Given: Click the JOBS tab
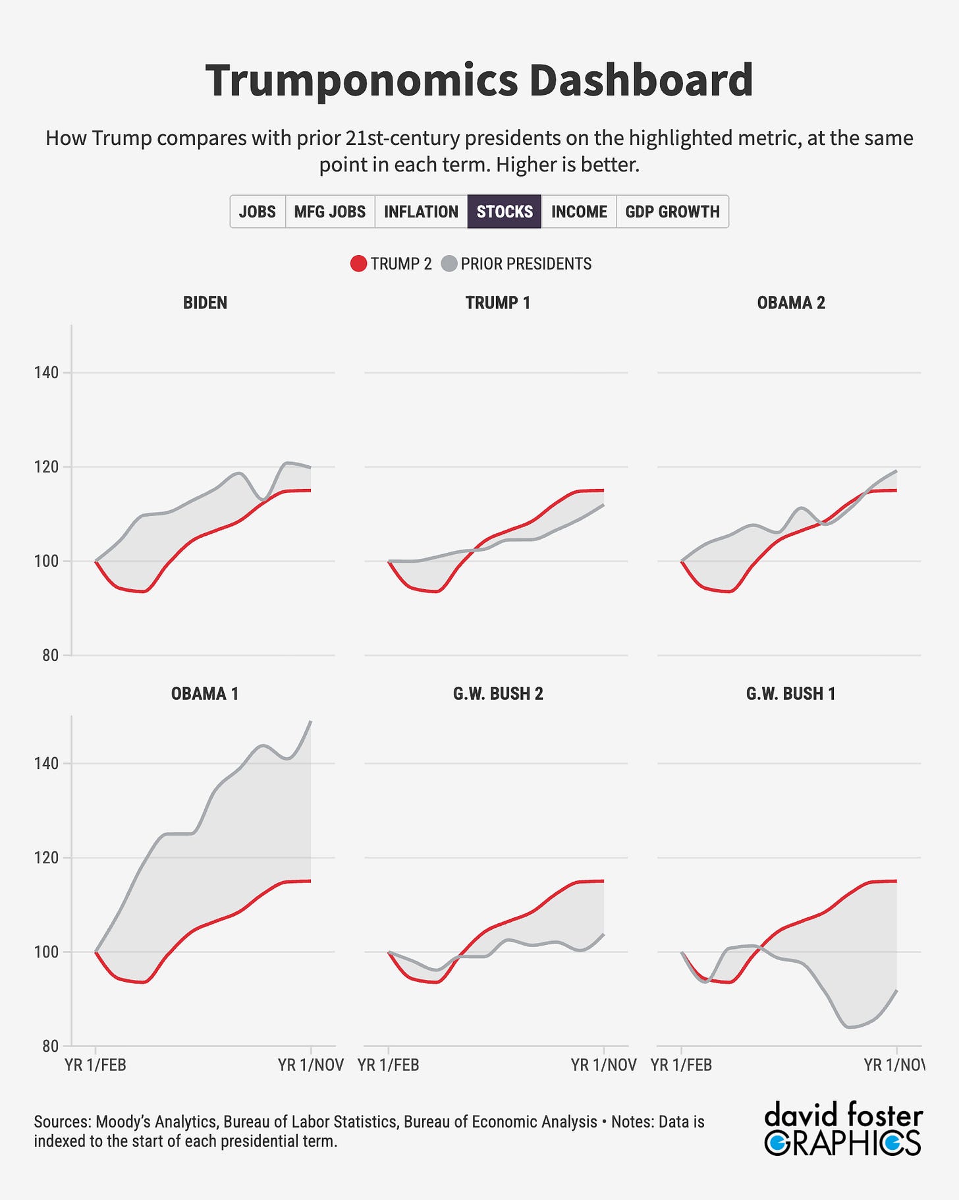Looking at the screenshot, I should (258, 212).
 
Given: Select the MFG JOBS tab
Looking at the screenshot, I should (329, 212).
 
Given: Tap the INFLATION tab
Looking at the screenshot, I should (421, 212).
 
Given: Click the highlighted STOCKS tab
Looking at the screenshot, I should (505, 212).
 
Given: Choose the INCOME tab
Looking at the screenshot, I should (579, 212).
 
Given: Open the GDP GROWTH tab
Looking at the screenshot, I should (672, 212).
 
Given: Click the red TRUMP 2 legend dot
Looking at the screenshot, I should (358, 264).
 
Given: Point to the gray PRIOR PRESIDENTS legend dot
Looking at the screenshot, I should (449, 264).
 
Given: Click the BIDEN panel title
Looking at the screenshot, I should (205, 302).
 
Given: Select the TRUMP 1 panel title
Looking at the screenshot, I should (498, 302).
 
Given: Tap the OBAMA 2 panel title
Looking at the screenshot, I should (791, 302).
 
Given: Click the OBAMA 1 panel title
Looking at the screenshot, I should (205, 693).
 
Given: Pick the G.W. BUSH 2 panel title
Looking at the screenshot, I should (498, 693).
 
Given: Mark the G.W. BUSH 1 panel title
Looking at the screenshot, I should (791, 693).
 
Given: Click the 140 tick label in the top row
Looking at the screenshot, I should (46, 373).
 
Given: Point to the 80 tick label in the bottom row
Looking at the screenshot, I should (50, 1046).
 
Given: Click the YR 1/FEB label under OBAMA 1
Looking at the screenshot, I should (96, 1065).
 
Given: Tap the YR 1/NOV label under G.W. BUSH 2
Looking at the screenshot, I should (603, 1065).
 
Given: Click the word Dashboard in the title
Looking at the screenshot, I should (641, 80).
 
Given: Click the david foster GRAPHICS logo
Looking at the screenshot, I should (843, 1129).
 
